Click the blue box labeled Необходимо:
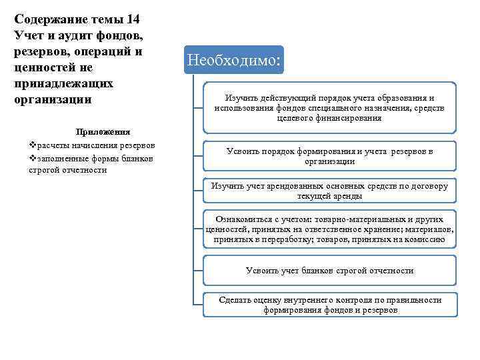[x=235, y=60]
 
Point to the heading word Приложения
[x=103, y=132]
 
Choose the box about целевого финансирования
[x=329, y=107]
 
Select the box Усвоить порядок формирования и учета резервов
[x=329, y=156]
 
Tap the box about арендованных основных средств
[x=329, y=191]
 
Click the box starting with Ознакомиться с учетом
[x=329, y=229]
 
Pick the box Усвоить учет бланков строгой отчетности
[x=329, y=271]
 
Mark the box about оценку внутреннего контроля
[x=329, y=305]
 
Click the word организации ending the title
[x=52, y=100]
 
